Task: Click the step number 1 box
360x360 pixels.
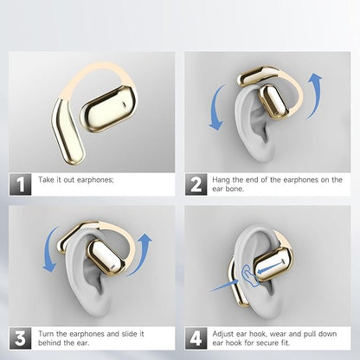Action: pyautogui.click(x=20, y=184)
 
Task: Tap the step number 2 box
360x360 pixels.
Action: pyautogui.click(x=196, y=184)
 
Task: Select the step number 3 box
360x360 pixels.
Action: pyautogui.click(x=20, y=338)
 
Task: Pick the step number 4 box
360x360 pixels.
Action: pyautogui.click(x=196, y=338)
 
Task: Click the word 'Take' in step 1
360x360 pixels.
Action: pyautogui.click(x=46, y=180)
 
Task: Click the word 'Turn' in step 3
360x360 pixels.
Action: pyautogui.click(x=46, y=334)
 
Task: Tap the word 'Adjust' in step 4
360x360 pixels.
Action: pyautogui.click(x=223, y=334)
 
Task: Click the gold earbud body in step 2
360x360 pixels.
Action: pyautogui.click(x=273, y=101)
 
